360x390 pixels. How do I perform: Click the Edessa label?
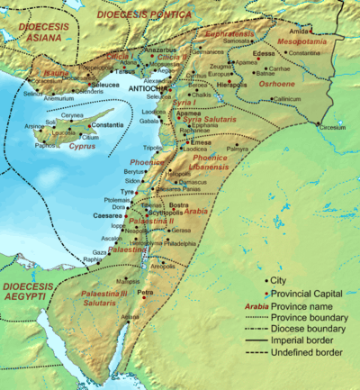264,54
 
